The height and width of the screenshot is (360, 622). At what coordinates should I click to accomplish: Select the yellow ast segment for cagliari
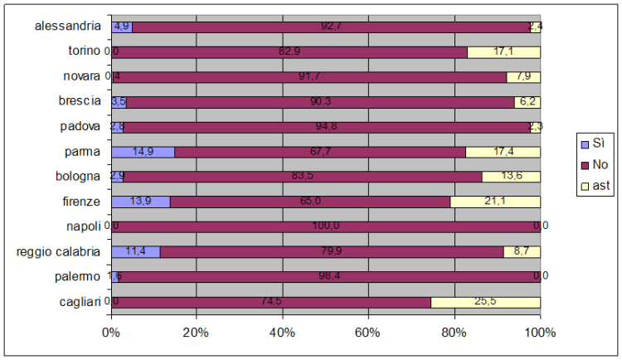point(485,302)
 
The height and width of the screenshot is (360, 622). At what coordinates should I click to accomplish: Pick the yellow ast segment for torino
point(503,51)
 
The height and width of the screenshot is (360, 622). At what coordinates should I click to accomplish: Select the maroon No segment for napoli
point(325,226)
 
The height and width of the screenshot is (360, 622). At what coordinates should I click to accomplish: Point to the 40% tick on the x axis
point(282,333)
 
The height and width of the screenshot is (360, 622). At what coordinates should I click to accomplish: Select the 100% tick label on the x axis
point(540,333)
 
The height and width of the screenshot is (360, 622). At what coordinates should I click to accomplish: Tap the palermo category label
point(78,276)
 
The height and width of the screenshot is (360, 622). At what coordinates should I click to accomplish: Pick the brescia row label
point(80,101)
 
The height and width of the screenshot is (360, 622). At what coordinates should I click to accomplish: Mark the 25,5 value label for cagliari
point(485,302)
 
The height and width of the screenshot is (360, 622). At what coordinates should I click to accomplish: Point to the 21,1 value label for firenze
point(495,202)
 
